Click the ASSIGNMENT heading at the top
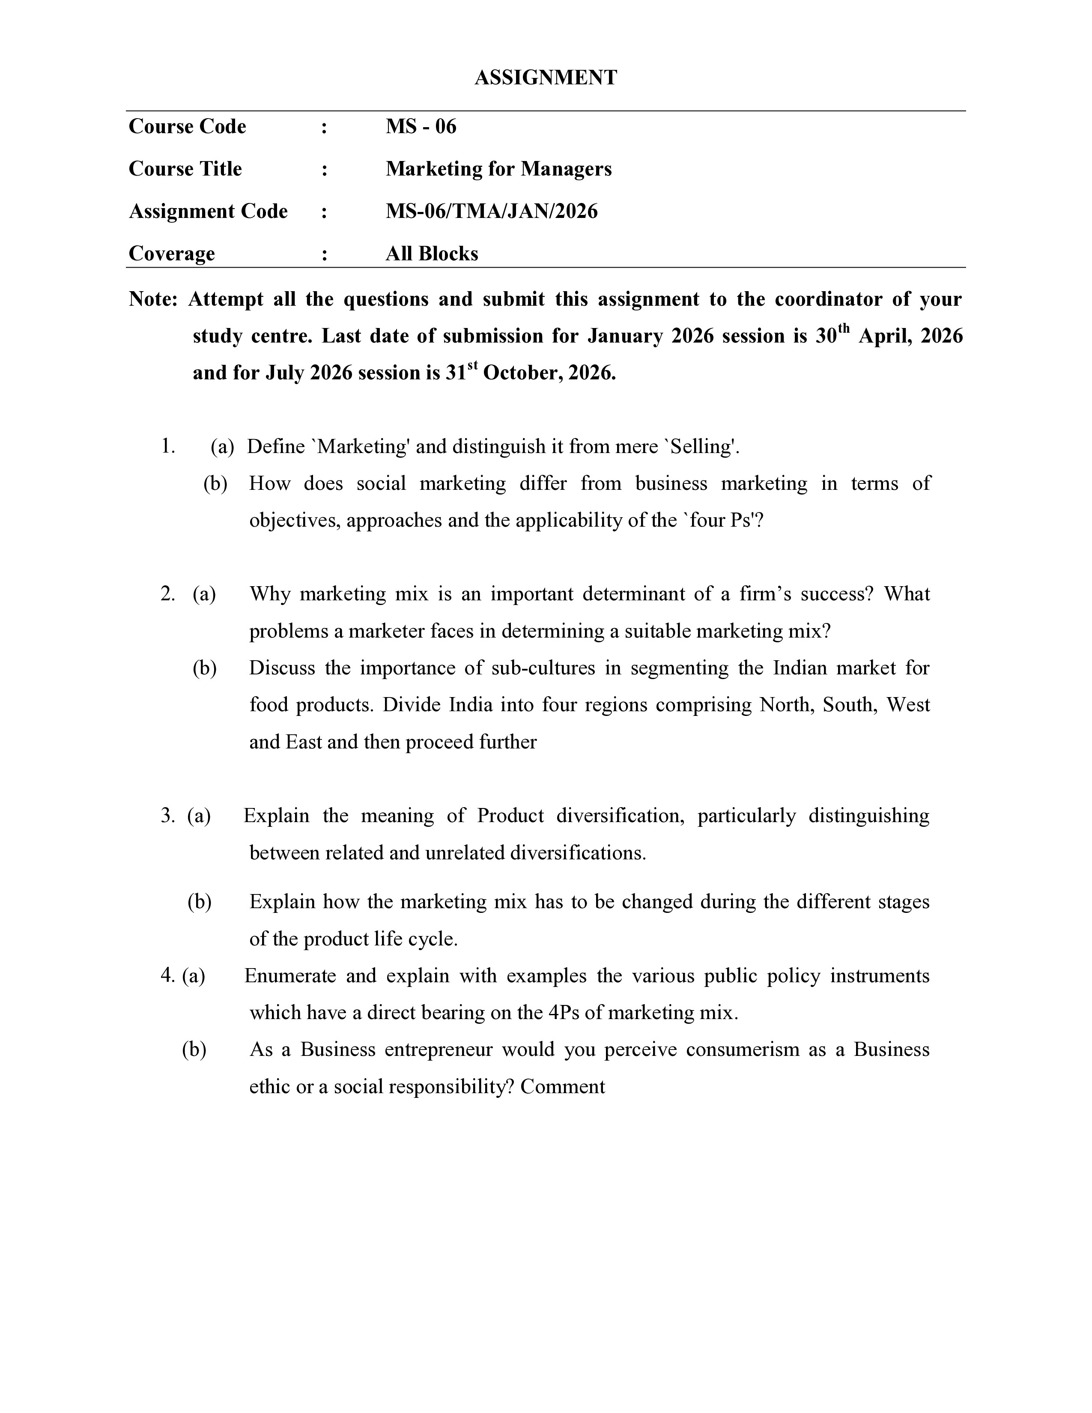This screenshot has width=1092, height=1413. coord(545,78)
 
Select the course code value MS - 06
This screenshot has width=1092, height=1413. coord(421,126)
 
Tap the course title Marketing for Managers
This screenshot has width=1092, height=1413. coord(498,169)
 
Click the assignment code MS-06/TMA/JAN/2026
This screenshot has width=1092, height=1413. coord(491,212)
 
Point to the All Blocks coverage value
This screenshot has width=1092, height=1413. coord(432,253)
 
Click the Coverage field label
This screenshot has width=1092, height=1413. coord(171,253)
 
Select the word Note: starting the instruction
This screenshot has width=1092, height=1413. coord(153,300)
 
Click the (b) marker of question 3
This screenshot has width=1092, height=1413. coord(199,902)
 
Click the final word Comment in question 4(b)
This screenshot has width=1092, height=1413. coord(562,1086)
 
